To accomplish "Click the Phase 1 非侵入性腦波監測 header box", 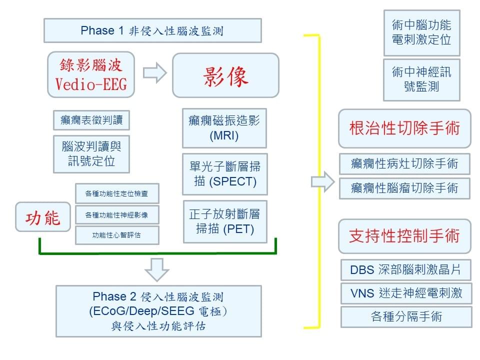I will pyautogui.click(x=152, y=30).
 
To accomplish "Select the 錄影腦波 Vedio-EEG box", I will pyautogui.click(x=91, y=74).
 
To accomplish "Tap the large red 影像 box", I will pyautogui.click(x=225, y=75).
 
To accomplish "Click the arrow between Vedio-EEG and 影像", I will pyautogui.click(x=154, y=73).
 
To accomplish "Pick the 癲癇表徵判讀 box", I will pyautogui.click(x=91, y=120).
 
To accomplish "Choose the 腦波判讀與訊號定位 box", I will pyautogui.click(x=91, y=153).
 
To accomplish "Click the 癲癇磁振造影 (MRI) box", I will pyautogui.click(x=224, y=128).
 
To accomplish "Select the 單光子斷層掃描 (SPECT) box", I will pyautogui.click(x=224, y=173).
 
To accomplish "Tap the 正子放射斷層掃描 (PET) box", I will pyautogui.click(x=224, y=221).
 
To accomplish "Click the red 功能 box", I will pyautogui.click(x=43, y=217).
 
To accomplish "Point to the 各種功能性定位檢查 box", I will pyautogui.click(x=117, y=193).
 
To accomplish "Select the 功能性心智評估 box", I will pyautogui.click(x=117, y=235).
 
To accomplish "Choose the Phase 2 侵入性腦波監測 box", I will pyautogui.click(x=158, y=311).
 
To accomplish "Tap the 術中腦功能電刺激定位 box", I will pyautogui.click(x=421, y=32).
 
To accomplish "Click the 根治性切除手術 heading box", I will pyautogui.click(x=404, y=128).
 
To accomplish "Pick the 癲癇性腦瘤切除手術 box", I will pyautogui.click(x=404, y=188).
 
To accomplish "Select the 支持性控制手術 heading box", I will pyautogui.click(x=404, y=236).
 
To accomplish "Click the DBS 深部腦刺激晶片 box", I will pyautogui.click(x=406, y=270).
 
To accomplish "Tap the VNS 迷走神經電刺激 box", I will pyautogui.click(x=406, y=293).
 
